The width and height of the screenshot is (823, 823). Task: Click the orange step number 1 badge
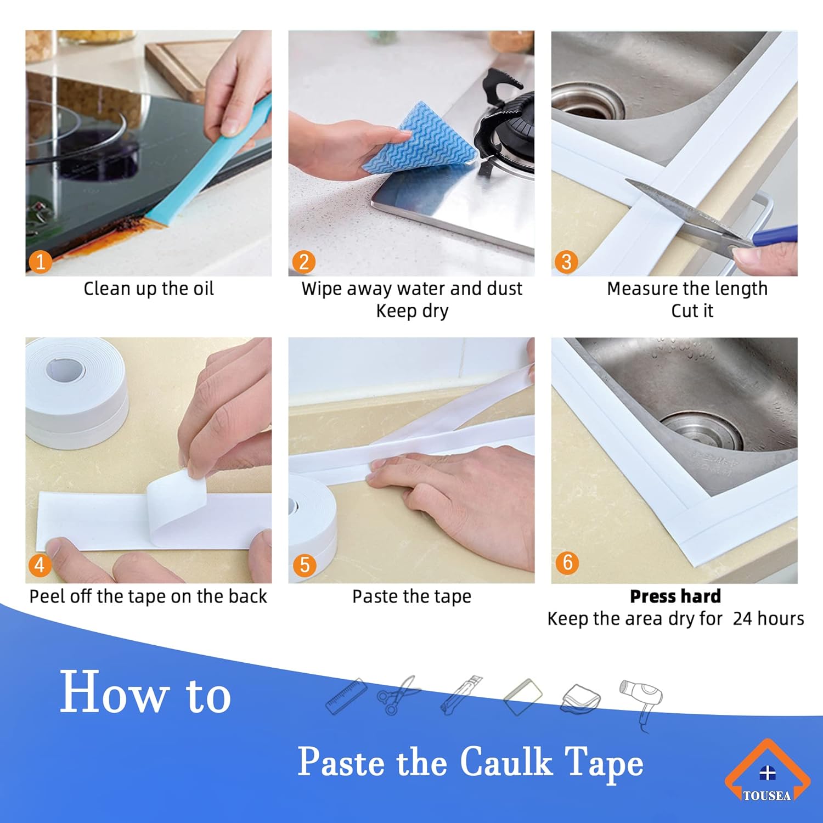[40, 262]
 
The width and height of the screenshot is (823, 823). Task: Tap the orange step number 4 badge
[40, 565]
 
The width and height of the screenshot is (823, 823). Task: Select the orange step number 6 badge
[567, 562]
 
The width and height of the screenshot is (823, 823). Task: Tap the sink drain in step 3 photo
[587, 102]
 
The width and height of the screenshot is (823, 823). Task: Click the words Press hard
[675, 596]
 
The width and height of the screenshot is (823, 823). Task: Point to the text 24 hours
[768, 619]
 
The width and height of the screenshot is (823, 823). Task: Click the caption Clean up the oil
[148, 289]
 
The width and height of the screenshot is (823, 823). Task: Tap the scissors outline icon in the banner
[398, 694]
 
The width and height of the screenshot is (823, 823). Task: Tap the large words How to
[145, 692]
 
